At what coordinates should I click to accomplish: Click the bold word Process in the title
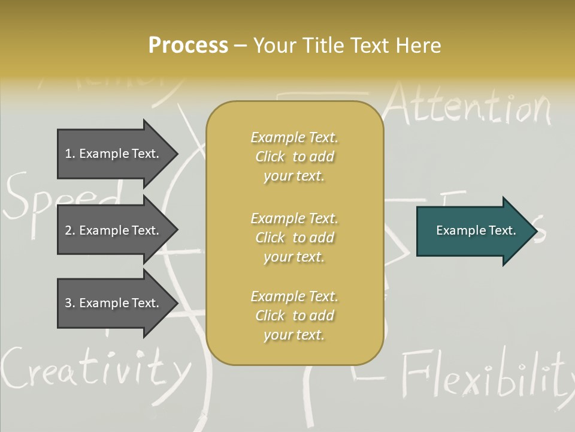188,46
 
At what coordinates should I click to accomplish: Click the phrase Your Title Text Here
347,46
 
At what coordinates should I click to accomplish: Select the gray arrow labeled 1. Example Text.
114,154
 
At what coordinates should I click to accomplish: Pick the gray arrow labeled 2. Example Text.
114,230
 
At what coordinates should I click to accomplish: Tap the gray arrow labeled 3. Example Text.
114,303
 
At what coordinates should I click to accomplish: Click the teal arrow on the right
473,230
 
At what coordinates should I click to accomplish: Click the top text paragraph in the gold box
294,157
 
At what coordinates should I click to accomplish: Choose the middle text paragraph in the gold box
294,238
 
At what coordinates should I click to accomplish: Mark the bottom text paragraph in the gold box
294,316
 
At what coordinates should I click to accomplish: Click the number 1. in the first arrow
70,154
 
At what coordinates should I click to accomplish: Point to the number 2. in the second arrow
70,230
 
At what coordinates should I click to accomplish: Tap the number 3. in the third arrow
70,303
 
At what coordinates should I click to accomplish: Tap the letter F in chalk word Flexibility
413,375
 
